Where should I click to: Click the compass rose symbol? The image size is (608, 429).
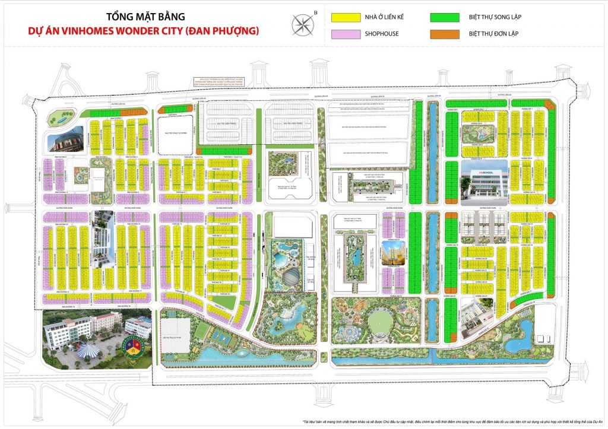pos(303,24)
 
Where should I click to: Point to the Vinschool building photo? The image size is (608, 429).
pos(484,180)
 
